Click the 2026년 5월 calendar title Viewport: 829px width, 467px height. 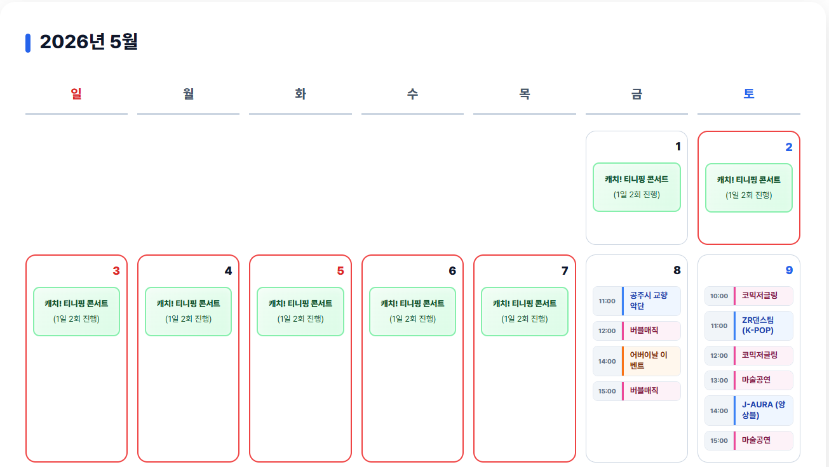pos(88,42)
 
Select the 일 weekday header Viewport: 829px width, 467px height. pos(76,94)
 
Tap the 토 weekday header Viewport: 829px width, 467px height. pos(749,94)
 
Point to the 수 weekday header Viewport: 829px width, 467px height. pos(412,94)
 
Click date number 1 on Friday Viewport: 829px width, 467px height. pos(678,147)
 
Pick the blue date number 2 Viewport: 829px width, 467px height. pos(789,147)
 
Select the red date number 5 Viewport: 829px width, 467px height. pos(340,271)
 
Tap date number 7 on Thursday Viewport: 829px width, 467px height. pos(565,271)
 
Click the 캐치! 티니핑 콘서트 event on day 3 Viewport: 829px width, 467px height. pos(76,311)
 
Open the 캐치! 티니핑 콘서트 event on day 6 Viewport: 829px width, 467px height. pos(412,311)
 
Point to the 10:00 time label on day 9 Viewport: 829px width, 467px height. pos(719,296)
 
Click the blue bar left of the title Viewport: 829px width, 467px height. pos(28,43)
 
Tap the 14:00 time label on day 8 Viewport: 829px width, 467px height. pos(607,361)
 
